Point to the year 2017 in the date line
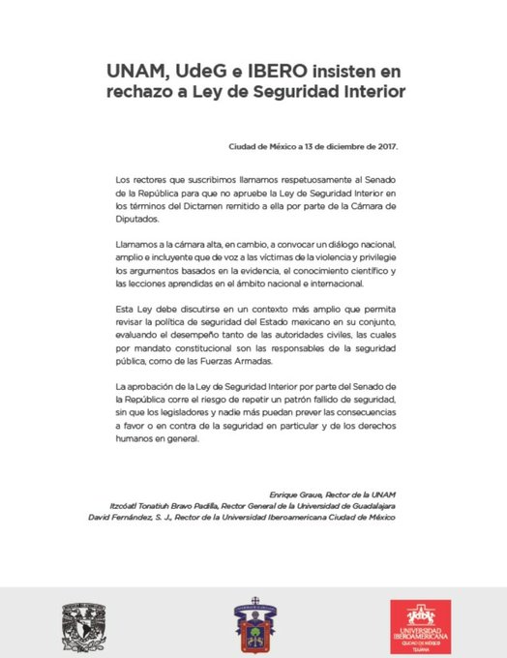pos(385,148)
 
